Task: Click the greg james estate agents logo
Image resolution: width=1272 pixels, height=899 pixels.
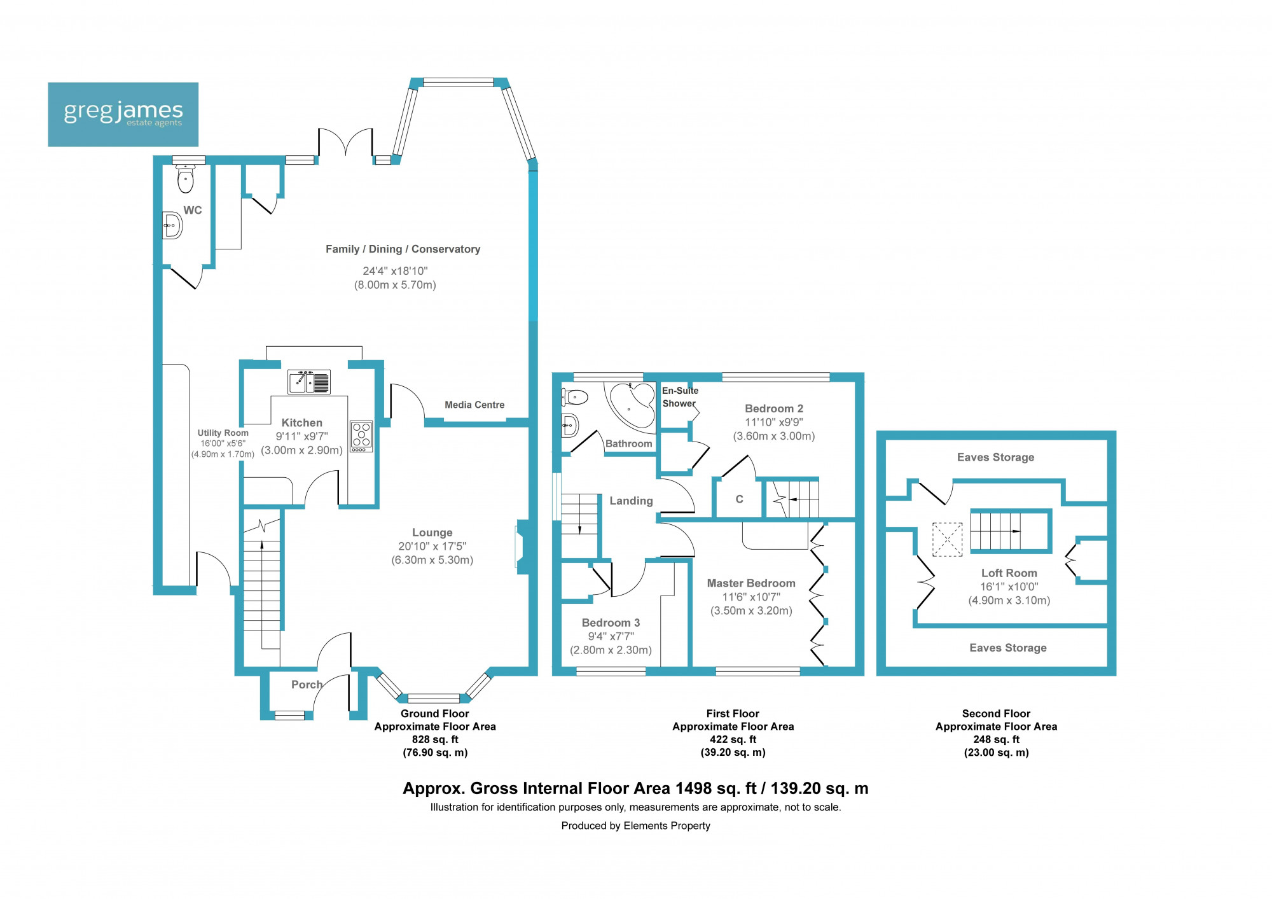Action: click(123, 115)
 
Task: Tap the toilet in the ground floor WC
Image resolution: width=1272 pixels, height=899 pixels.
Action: click(185, 179)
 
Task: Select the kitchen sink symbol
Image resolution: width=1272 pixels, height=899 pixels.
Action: click(309, 382)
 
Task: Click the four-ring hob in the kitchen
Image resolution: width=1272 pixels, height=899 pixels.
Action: click(361, 436)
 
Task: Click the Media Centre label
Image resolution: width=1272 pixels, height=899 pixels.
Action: click(474, 405)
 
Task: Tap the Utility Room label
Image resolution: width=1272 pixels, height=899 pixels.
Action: click(223, 433)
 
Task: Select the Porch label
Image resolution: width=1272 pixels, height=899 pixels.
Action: click(307, 685)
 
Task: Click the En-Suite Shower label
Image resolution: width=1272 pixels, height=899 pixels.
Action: click(680, 397)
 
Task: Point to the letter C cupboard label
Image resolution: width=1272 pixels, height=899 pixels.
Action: click(739, 499)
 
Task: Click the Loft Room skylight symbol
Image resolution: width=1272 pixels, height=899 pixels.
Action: click(947, 540)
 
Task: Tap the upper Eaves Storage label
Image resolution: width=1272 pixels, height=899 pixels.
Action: click(995, 457)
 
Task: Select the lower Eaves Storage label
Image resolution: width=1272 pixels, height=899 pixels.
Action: click(1007, 648)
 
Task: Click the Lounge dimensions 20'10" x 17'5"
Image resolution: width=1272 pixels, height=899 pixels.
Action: click(432, 546)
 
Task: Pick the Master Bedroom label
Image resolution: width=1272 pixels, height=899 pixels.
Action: click(751, 583)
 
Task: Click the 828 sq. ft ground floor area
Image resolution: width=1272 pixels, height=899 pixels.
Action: click(435, 739)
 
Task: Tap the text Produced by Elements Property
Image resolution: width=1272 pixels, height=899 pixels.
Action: click(635, 826)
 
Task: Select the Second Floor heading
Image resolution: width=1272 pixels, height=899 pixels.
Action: click(996, 714)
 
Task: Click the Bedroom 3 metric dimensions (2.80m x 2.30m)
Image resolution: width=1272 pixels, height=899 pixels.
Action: click(611, 650)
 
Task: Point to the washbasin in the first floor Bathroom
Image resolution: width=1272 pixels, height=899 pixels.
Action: click(570, 425)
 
